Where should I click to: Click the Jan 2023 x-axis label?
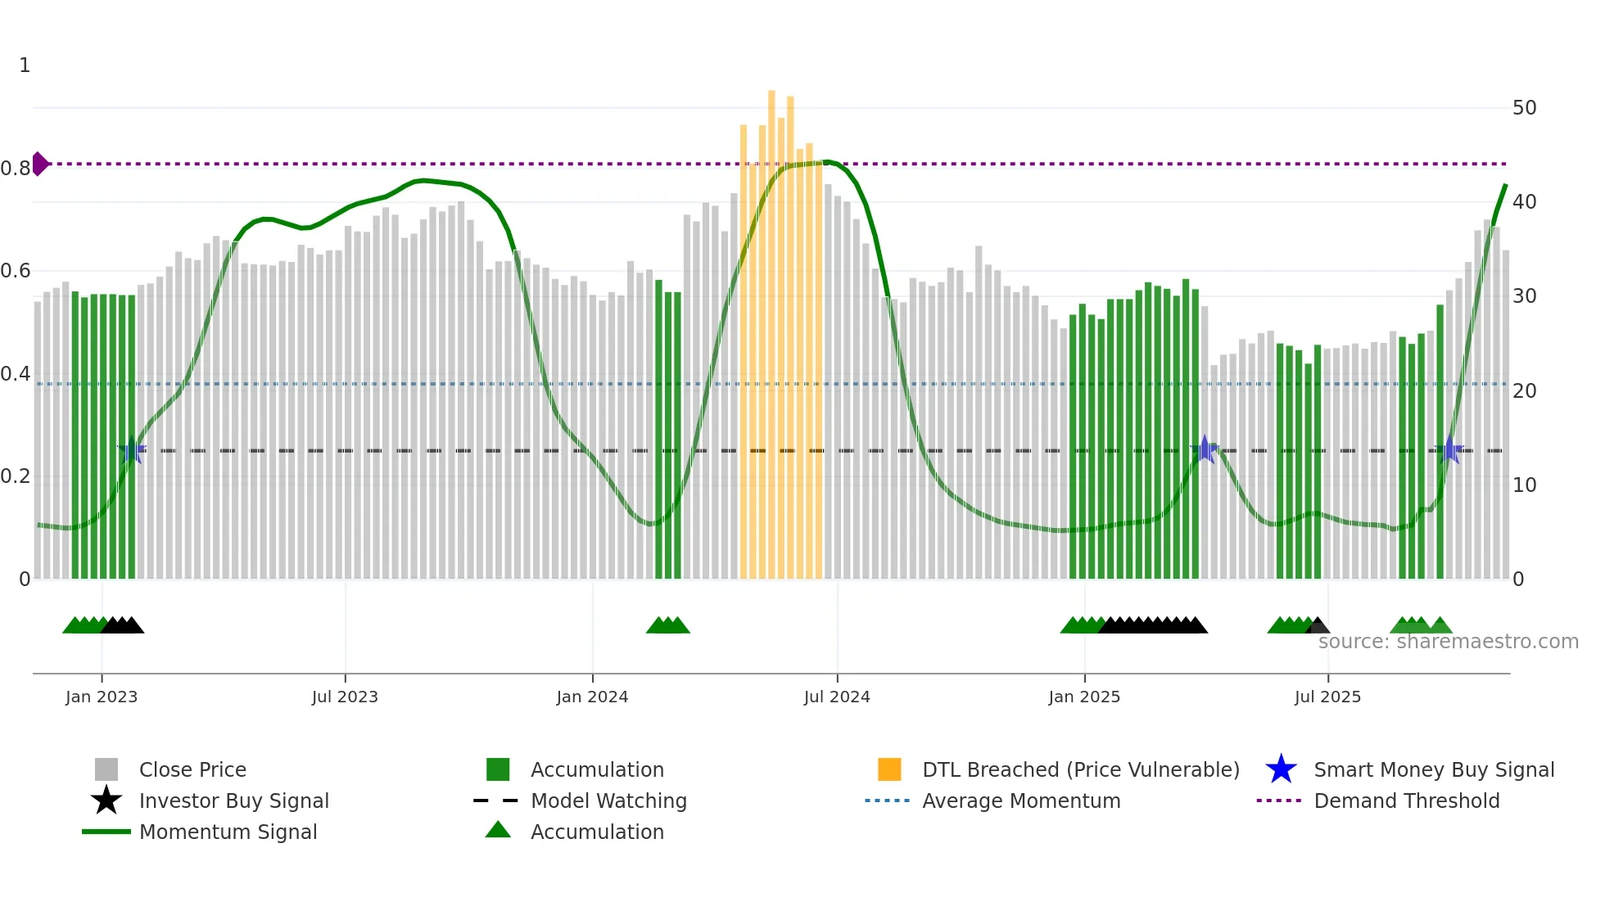pyautogui.click(x=102, y=697)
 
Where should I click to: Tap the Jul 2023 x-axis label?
pyautogui.click(x=345, y=697)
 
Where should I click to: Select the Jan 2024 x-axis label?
pyautogui.click(x=592, y=697)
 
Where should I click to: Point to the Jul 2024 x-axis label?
pyautogui.click(x=837, y=697)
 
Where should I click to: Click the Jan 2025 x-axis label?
pyautogui.click(x=1084, y=697)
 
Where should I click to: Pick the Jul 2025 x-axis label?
pyautogui.click(x=1327, y=697)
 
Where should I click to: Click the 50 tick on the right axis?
pyautogui.click(x=1524, y=108)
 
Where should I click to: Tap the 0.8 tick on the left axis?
pyautogui.click(x=16, y=169)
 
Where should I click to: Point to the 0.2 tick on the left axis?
pyautogui.click(x=16, y=476)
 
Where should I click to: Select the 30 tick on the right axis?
pyautogui.click(x=1524, y=296)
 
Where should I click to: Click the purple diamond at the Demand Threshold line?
pyautogui.click(x=39, y=164)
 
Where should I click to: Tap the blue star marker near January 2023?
pyautogui.click(x=131, y=450)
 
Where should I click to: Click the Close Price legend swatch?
pyautogui.click(x=106, y=769)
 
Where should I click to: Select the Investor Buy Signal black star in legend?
pyautogui.click(x=106, y=801)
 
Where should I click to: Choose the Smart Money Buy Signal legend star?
pyautogui.click(x=1281, y=769)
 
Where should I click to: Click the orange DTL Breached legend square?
pyautogui.click(x=889, y=769)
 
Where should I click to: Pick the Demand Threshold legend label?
pyautogui.click(x=1406, y=801)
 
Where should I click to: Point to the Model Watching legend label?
pyautogui.click(x=608, y=801)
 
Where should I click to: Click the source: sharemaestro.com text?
pyautogui.click(x=1448, y=642)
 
